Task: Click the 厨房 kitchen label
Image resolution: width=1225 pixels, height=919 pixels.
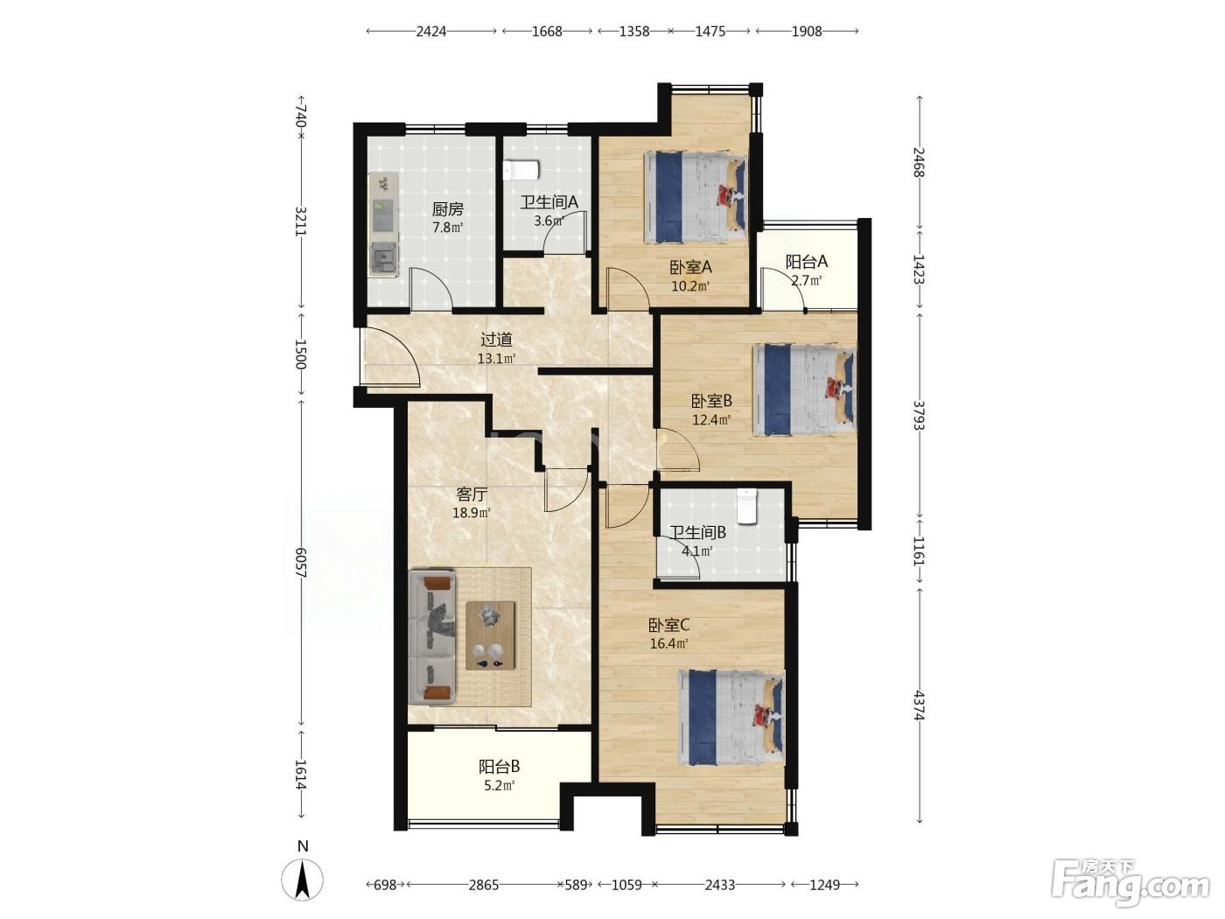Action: [x=448, y=209]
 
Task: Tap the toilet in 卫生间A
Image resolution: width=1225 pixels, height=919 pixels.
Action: [x=521, y=171]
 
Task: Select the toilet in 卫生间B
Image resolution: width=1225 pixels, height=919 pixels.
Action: [x=745, y=507]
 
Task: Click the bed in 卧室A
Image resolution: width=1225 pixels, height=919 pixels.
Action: [x=696, y=198]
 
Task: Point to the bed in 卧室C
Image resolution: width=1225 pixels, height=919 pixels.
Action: [x=731, y=717]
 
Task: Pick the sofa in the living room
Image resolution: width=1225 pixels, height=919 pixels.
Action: [x=432, y=636]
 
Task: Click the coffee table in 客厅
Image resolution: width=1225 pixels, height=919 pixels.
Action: [x=491, y=635]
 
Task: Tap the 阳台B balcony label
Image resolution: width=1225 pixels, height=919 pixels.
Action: [x=499, y=766]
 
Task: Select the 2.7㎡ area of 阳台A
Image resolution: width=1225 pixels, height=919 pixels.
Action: [x=806, y=281]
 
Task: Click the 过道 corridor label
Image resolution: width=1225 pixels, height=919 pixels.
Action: [x=496, y=340]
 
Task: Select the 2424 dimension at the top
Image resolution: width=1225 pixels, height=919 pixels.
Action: [x=430, y=32]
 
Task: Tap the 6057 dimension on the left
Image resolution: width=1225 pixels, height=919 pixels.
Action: [x=301, y=563]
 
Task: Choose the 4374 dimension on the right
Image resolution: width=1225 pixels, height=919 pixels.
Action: [x=919, y=705]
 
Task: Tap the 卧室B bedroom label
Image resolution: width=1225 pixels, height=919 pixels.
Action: [x=711, y=401]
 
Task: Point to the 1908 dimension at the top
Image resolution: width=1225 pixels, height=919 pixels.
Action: [x=807, y=32]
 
